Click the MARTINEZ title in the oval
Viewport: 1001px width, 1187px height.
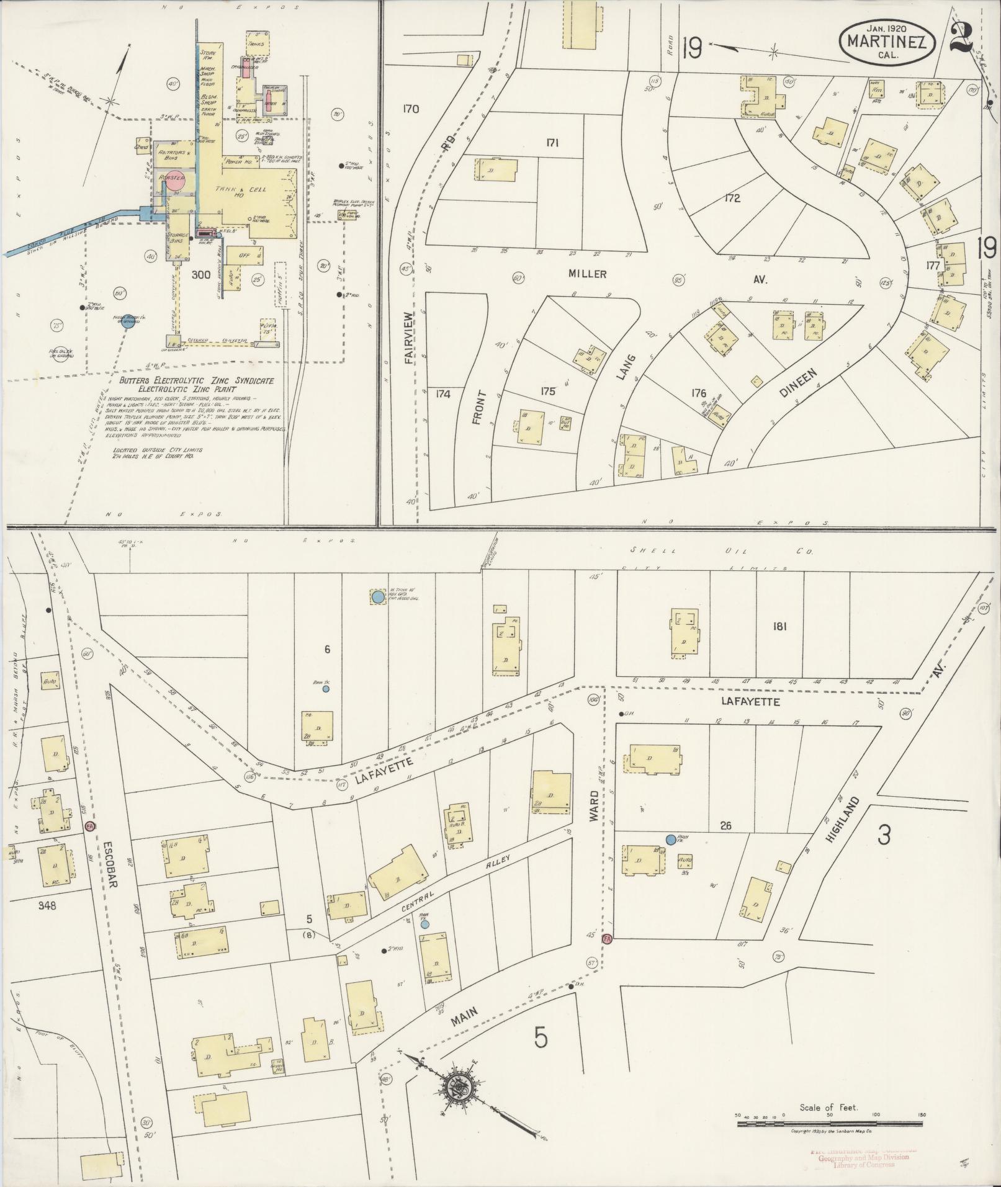click(x=887, y=43)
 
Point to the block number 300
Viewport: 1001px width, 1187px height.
click(x=202, y=274)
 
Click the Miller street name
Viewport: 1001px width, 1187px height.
click(x=586, y=274)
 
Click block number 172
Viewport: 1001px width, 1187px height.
click(x=732, y=199)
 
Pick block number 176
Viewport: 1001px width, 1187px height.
click(x=699, y=392)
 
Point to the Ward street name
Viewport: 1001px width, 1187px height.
click(x=593, y=806)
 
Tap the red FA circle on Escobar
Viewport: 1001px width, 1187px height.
click(x=89, y=826)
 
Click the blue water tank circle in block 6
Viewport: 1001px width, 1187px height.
click(x=378, y=597)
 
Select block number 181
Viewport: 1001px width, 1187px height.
click(x=779, y=626)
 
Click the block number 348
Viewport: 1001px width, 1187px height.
click(x=47, y=905)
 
